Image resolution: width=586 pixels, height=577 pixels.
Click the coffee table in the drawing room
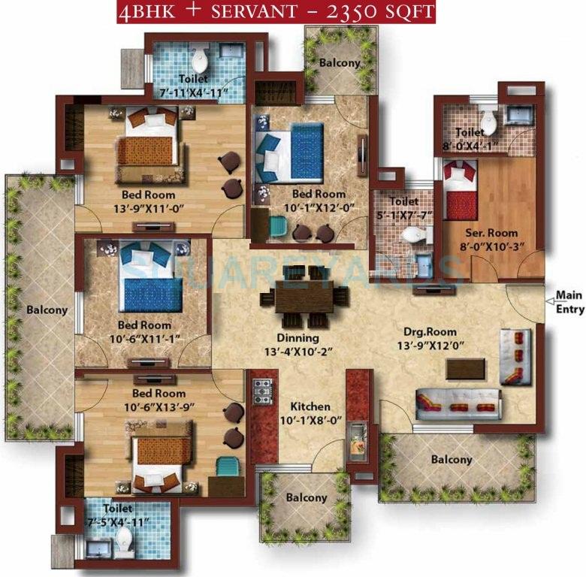[x=465, y=368]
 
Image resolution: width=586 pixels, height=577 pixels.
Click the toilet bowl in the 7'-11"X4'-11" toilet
[x=200, y=60]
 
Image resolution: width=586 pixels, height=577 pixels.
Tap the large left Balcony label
[x=47, y=310]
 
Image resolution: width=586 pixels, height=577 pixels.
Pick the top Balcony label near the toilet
[x=340, y=63]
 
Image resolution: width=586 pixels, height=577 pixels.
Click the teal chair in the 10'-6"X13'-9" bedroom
[x=225, y=467]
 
